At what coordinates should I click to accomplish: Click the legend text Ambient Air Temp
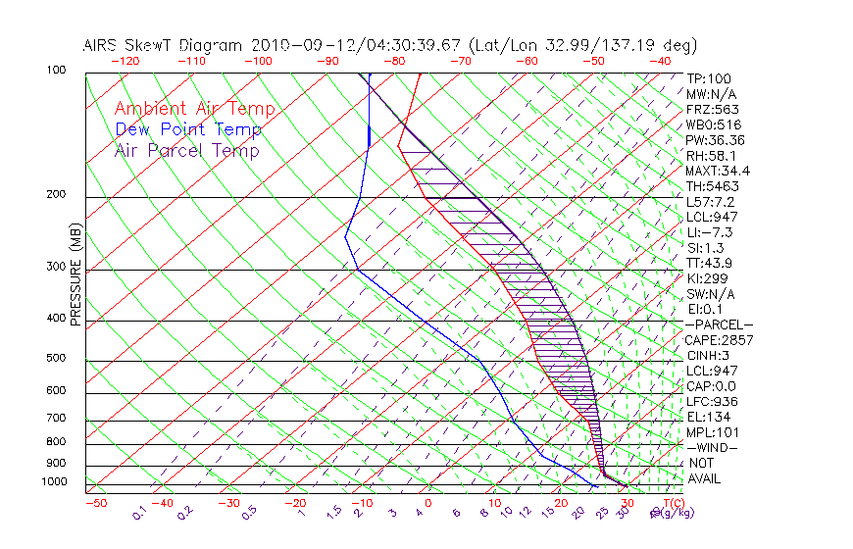click(x=194, y=109)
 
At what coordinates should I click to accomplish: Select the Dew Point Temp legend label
click(x=188, y=129)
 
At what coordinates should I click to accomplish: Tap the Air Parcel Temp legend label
click(x=186, y=150)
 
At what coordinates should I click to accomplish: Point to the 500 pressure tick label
click(x=57, y=359)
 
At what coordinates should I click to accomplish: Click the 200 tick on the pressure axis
click(x=57, y=195)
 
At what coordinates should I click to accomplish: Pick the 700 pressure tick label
click(x=57, y=420)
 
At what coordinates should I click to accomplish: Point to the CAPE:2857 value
click(x=717, y=340)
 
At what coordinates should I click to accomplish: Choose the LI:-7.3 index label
click(x=709, y=232)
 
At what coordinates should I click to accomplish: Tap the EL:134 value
click(x=705, y=417)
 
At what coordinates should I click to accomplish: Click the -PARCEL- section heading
click(x=719, y=324)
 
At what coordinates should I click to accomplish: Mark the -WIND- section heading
click(x=712, y=447)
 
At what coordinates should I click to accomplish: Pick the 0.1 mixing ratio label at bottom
click(x=139, y=512)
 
